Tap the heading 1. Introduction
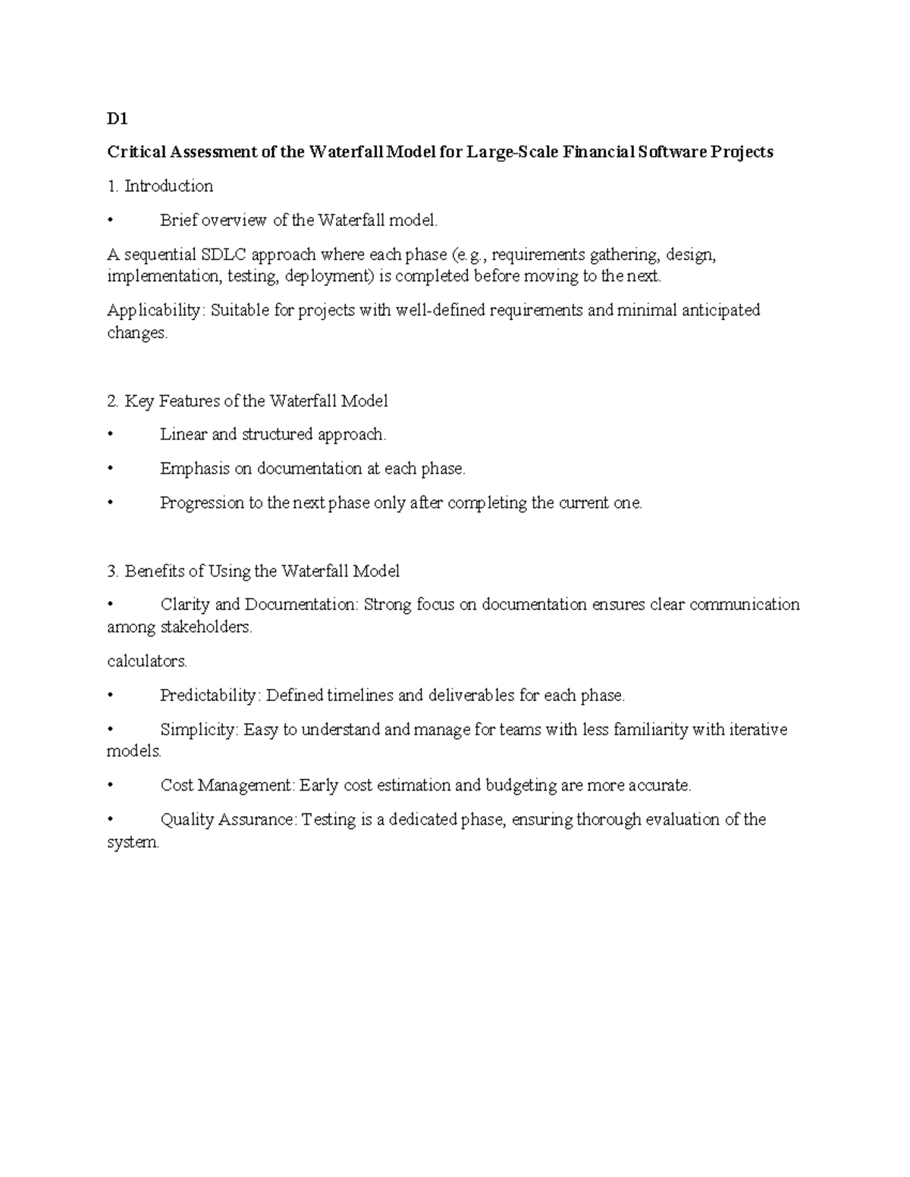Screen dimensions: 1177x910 pos(160,186)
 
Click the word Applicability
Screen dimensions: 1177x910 pos(155,311)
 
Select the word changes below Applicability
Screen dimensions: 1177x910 pos(136,333)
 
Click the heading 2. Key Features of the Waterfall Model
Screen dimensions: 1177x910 pos(247,401)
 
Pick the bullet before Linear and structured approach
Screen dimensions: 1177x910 pos(111,435)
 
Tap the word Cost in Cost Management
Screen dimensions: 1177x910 pos(177,786)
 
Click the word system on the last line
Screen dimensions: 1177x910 pos(133,843)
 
